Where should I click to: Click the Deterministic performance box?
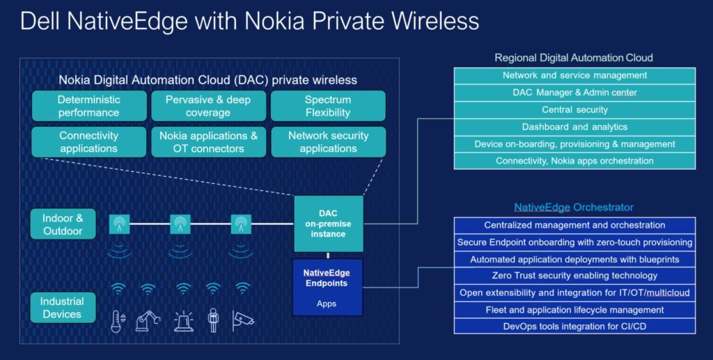click(x=89, y=106)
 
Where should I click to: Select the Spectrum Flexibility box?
click(x=327, y=106)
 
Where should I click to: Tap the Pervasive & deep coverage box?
click(x=208, y=106)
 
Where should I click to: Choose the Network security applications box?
click(x=328, y=141)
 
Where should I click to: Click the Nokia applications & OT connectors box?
click(x=208, y=141)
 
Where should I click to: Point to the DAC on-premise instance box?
click(x=328, y=224)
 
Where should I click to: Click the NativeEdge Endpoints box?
click(x=328, y=285)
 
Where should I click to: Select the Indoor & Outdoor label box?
click(x=63, y=224)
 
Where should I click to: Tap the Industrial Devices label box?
click(x=62, y=308)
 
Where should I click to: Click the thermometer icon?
click(x=118, y=321)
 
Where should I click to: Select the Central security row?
click(x=574, y=109)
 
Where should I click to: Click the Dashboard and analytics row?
click(x=574, y=127)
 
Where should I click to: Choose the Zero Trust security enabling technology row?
click(x=574, y=276)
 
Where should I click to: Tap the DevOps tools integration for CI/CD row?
click(x=574, y=326)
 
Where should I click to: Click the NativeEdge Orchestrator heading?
click(x=574, y=208)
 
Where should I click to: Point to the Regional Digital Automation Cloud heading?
click(x=574, y=58)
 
